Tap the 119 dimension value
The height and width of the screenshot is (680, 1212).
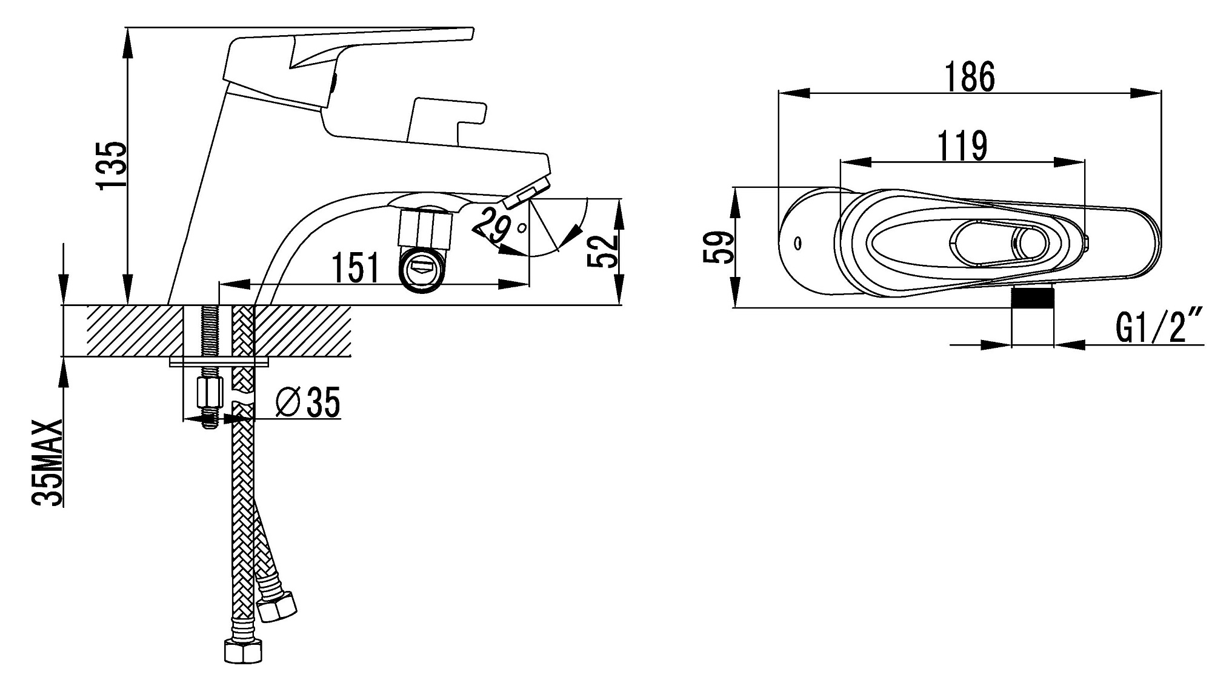click(962, 146)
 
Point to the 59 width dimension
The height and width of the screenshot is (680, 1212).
click(719, 247)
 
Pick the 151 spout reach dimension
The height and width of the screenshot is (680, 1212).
click(356, 268)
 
